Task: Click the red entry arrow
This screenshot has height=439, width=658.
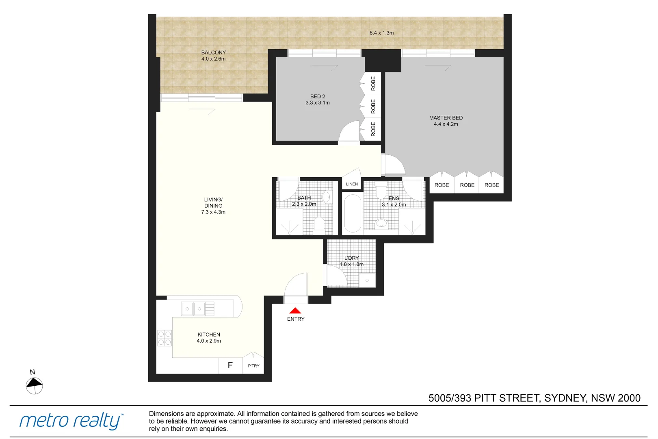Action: click(295, 311)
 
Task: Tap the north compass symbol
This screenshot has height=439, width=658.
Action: click(34, 385)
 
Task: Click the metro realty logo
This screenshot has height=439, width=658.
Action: click(71, 421)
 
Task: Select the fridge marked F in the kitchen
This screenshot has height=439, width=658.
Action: click(230, 365)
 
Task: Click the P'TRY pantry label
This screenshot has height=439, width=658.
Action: click(253, 366)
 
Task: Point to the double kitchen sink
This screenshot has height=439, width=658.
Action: click(193, 309)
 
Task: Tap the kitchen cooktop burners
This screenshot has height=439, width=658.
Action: click(164, 338)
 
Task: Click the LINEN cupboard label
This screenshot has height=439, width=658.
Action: click(352, 184)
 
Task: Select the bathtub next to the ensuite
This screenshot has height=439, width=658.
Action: click(353, 213)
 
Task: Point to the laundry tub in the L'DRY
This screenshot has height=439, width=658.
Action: click(367, 280)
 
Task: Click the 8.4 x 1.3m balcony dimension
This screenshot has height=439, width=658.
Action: click(381, 33)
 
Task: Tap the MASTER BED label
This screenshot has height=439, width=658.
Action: click(446, 118)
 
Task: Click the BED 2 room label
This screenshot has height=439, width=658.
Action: click(318, 97)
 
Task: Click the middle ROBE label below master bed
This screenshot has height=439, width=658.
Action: click(467, 185)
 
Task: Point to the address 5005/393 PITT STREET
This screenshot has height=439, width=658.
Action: click(534, 398)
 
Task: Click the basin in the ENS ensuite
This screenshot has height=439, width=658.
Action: click(381, 223)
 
